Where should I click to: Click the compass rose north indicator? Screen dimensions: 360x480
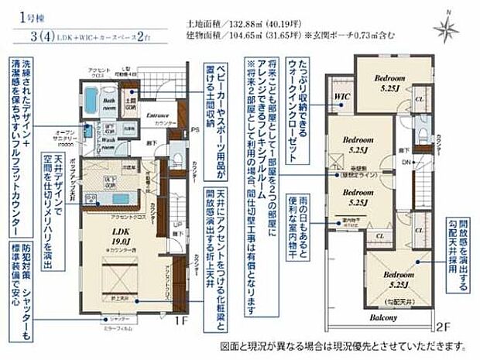pyautogui.click(x=447, y=28)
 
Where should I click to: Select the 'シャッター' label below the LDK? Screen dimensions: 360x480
pyautogui.click(x=118, y=318)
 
